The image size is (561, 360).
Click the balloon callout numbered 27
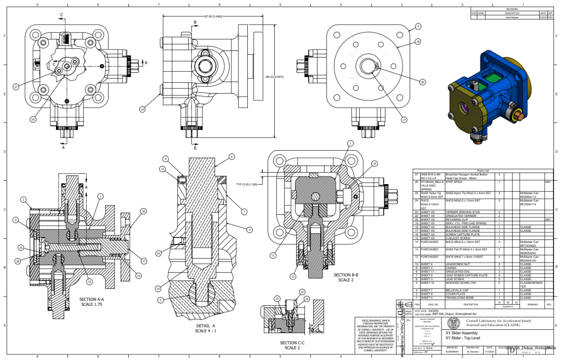(16, 87)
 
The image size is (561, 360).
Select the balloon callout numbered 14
(142, 110)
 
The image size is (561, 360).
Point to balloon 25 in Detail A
(158, 253)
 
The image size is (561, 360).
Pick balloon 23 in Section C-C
(277, 299)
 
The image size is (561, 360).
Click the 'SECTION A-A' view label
(92, 301)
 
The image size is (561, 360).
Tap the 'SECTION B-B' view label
(345, 276)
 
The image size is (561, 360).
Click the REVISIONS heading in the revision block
(512, 9)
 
